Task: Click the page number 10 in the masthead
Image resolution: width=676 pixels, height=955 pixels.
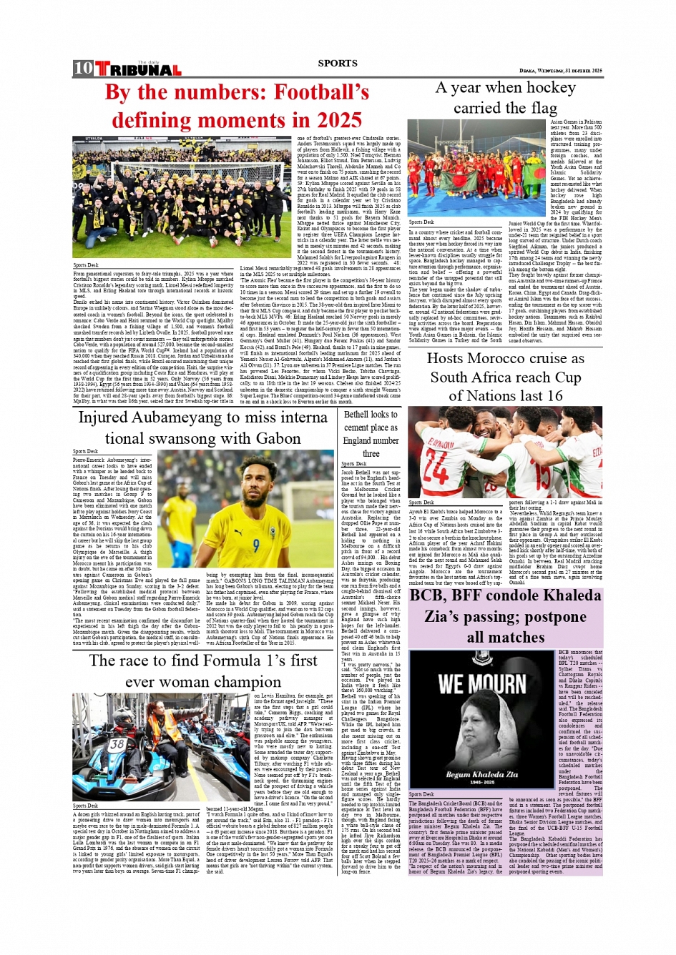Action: click(83, 69)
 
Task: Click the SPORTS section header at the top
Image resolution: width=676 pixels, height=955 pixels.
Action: click(338, 63)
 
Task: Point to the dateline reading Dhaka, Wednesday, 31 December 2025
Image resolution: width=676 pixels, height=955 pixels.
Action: click(561, 71)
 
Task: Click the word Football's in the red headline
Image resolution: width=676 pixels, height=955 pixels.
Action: click(322, 93)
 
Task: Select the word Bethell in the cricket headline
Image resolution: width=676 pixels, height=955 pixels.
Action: click(356, 414)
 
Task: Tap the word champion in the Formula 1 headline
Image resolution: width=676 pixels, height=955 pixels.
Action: click(240, 682)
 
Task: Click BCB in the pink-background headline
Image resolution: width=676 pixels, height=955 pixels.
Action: click(428, 596)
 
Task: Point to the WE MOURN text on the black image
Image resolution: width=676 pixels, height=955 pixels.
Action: click(481, 684)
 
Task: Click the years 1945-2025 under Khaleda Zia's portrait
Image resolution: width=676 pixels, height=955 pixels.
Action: click(481, 783)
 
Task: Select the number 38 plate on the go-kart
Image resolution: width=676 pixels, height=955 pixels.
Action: click(117, 743)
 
